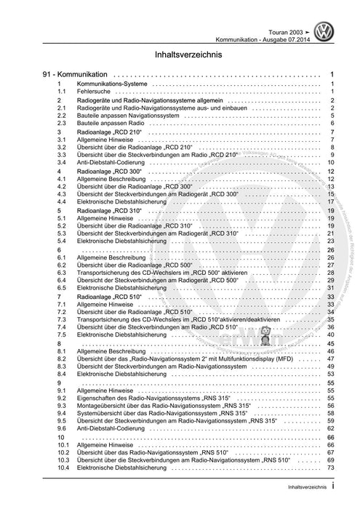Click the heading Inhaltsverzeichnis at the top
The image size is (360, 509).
179,53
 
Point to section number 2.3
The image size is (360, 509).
63,116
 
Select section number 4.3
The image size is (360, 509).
63,194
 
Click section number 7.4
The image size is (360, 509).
63,327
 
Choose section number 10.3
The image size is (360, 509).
63,460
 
